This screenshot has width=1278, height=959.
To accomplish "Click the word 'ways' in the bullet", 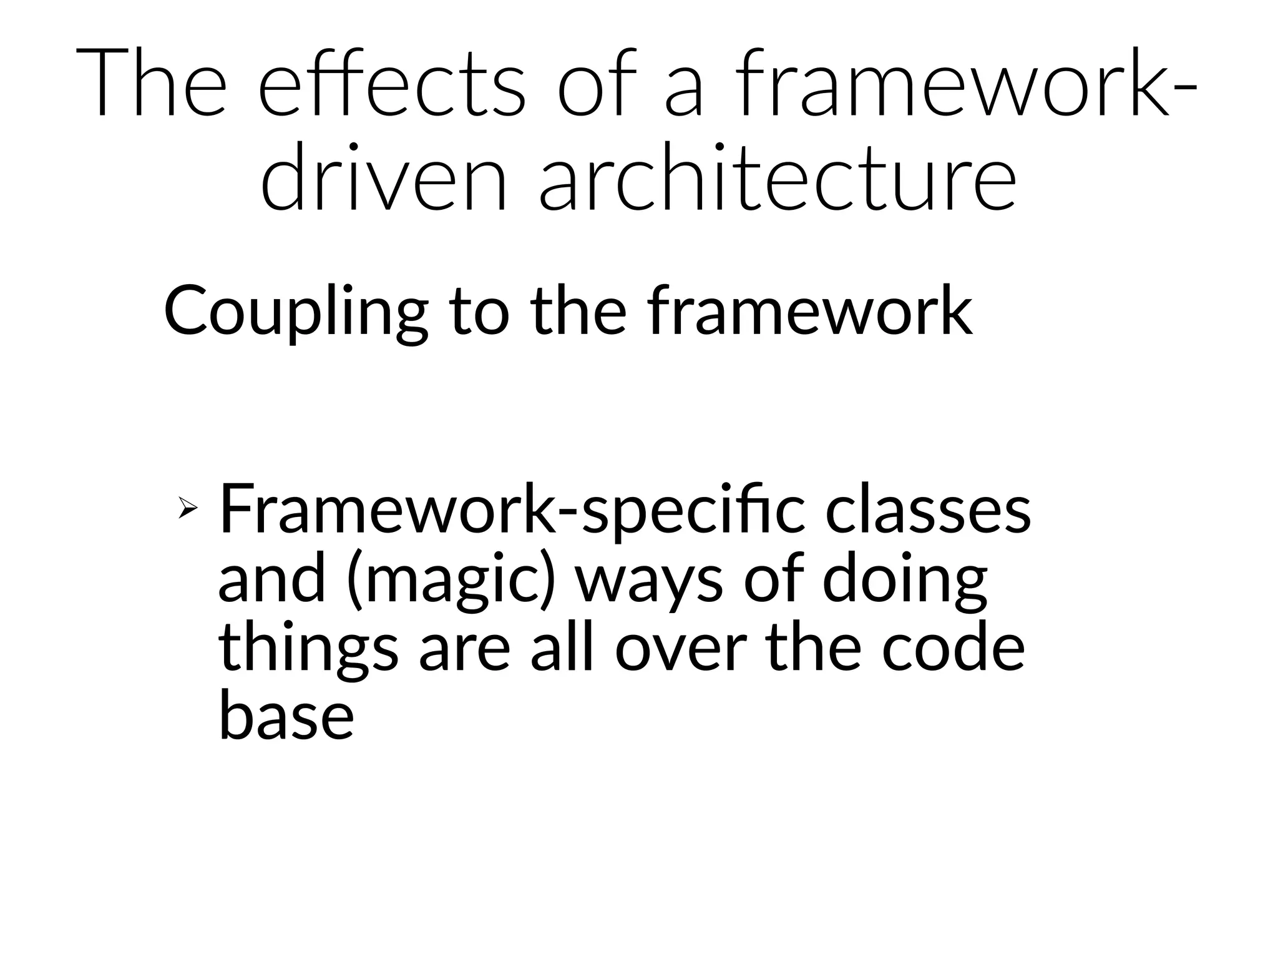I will (x=649, y=581).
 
